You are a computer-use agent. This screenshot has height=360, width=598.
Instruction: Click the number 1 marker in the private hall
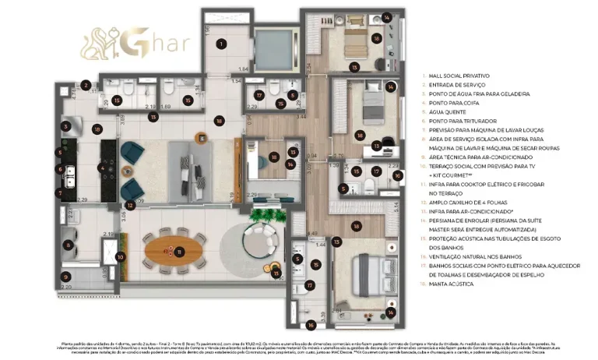point(222,44)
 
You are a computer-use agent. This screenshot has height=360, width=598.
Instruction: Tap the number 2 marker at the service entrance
point(86,86)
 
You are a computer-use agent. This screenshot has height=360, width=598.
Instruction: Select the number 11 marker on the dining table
point(180,250)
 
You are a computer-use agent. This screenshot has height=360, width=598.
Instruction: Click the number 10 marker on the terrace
point(121,256)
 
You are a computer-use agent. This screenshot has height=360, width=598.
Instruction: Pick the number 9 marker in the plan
point(67,276)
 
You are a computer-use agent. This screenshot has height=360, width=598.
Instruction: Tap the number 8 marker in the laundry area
point(68,245)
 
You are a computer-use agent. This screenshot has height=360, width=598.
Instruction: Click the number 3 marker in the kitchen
point(67,125)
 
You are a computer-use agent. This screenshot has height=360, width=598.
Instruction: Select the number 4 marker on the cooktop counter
point(100,167)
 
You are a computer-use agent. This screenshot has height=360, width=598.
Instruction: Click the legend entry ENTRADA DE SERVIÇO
point(454,84)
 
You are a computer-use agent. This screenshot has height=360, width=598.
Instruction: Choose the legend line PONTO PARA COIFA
point(451,103)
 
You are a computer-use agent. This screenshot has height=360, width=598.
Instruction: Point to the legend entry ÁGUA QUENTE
point(444,111)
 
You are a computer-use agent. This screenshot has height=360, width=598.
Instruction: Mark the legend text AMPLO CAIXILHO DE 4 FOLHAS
point(469,202)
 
